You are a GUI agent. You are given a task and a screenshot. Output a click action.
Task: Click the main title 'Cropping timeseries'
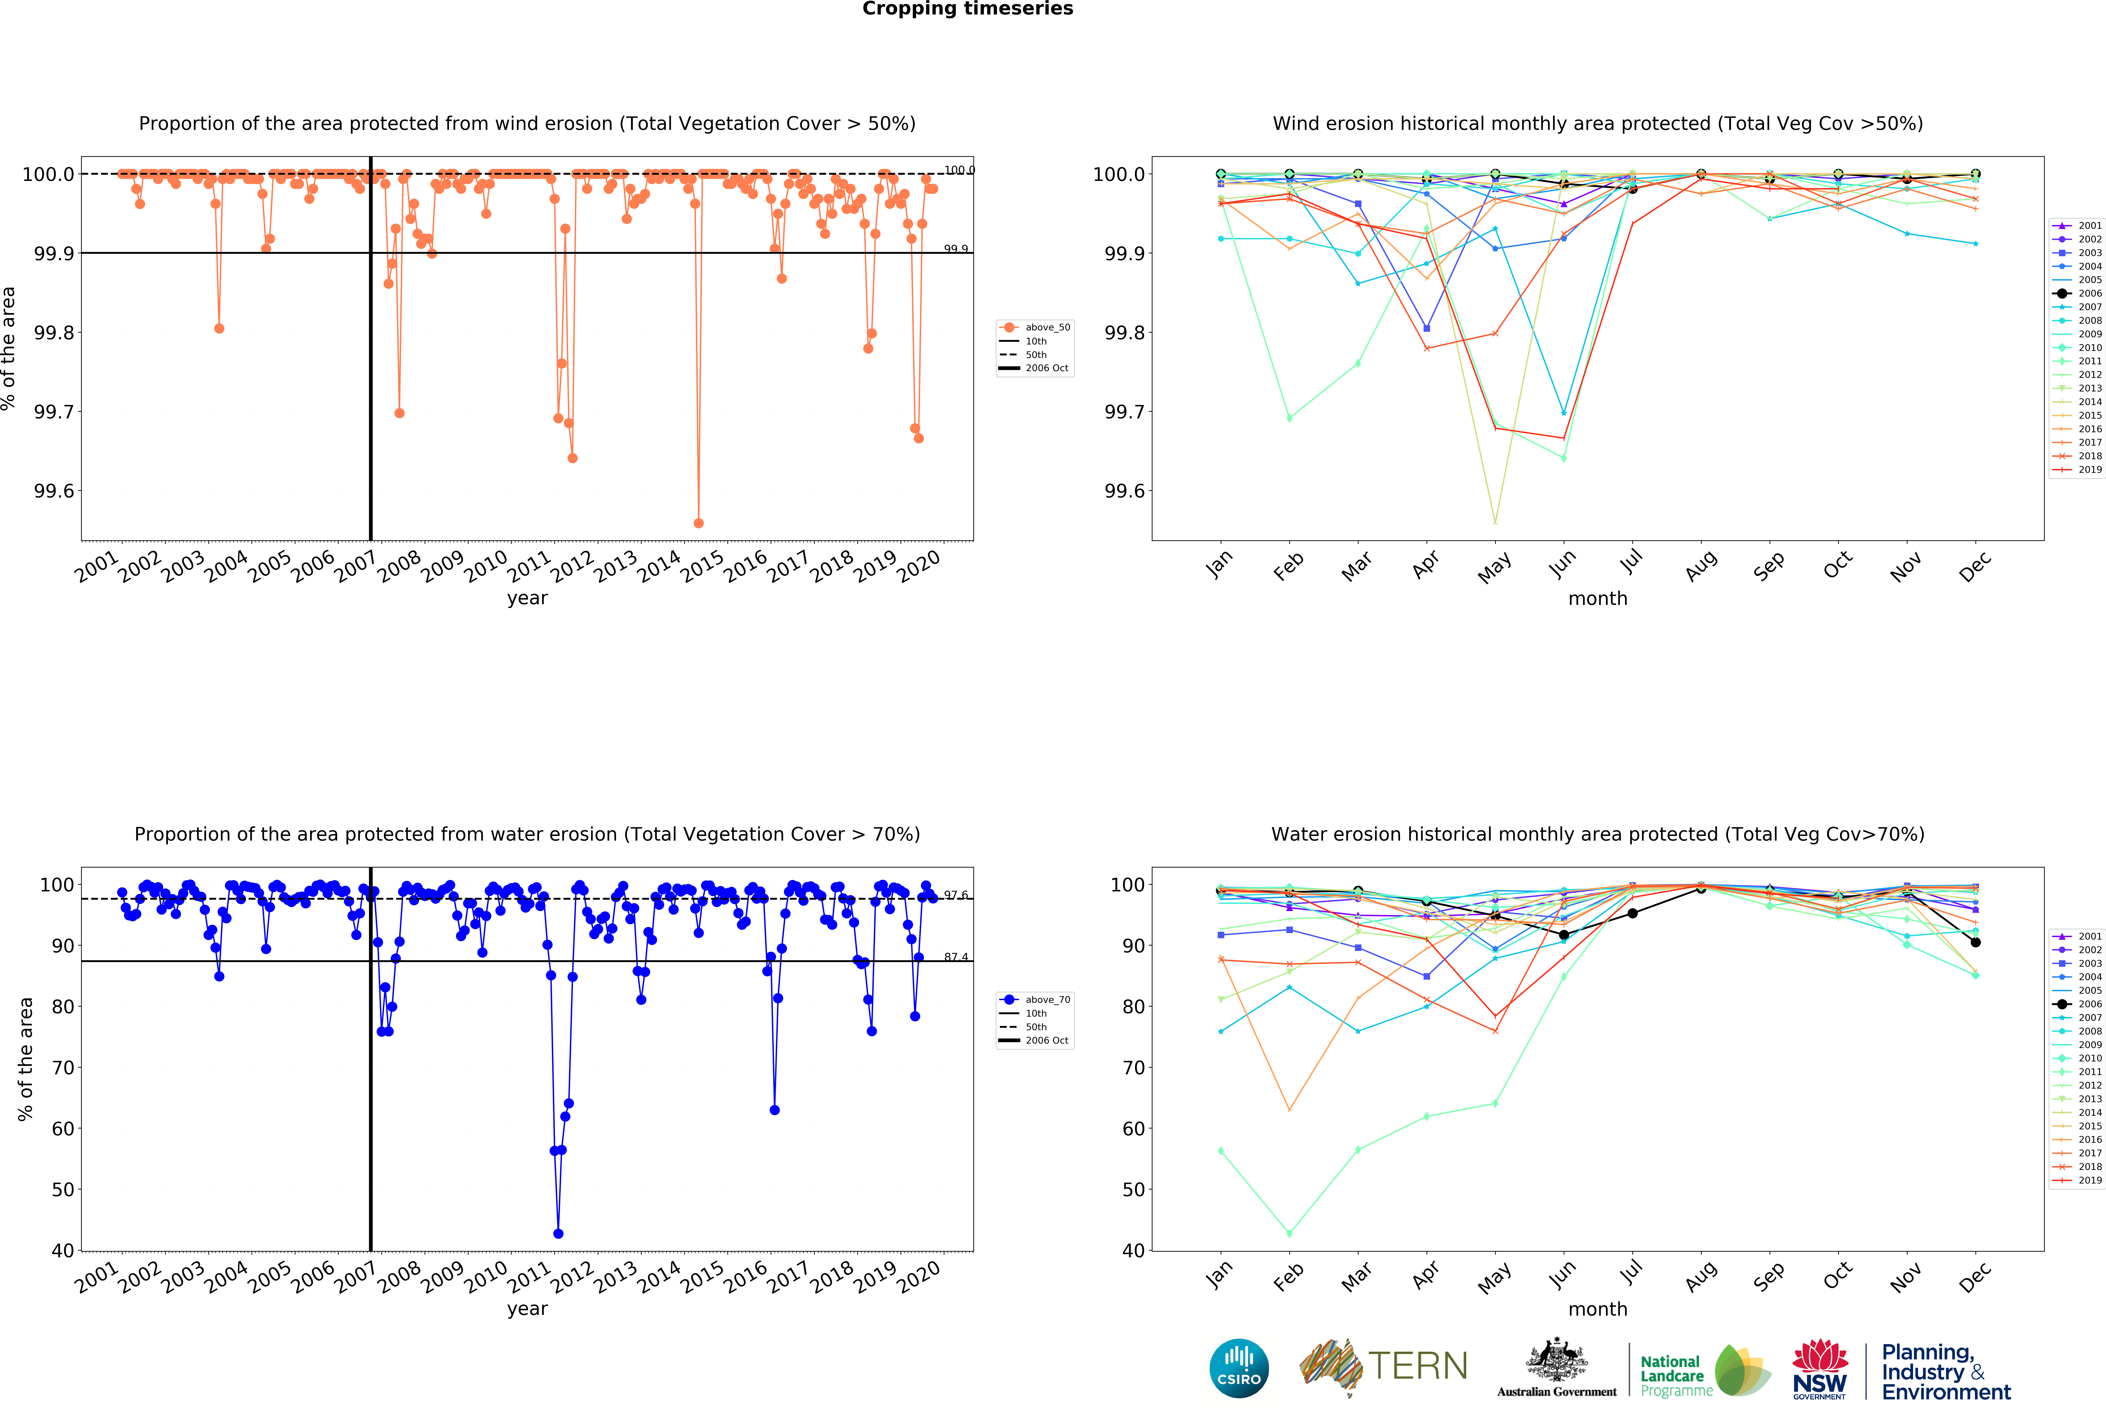coord(967,9)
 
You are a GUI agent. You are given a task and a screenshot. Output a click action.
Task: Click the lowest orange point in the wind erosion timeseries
coord(698,523)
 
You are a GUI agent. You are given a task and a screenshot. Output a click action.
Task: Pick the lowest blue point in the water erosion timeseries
coord(558,1234)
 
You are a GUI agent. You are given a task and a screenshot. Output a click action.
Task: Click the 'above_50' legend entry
coord(1047,327)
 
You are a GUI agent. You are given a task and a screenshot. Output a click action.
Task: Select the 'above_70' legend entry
coord(1047,1000)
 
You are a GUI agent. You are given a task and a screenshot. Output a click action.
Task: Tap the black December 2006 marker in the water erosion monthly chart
coord(1975,943)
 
